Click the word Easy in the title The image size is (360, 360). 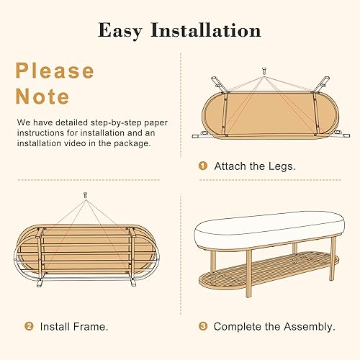(123, 30)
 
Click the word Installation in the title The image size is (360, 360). (205, 30)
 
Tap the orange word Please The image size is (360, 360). (55, 71)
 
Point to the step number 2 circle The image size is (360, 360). (29, 326)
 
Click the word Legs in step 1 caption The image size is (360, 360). (279, 166)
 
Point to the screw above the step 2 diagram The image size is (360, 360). (86, 196)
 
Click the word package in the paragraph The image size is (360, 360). (132, 143)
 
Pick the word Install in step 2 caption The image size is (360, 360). (55, 326)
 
